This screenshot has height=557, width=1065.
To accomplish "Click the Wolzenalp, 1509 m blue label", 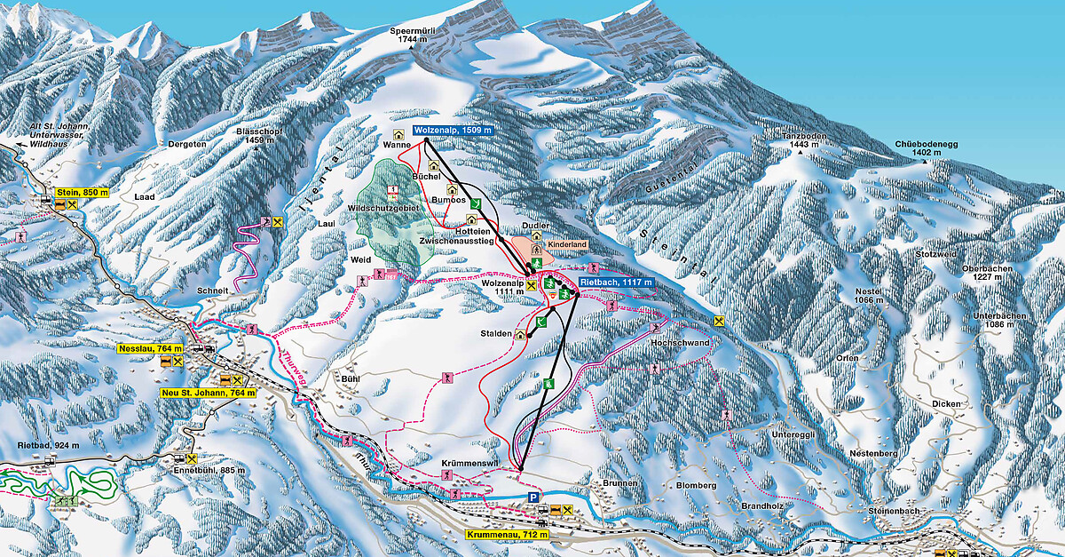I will click(x=452, y=130).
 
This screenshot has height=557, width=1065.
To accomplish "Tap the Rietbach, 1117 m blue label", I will click(x=617, y=282).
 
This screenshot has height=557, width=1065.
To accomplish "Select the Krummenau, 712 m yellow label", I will click(x=508, y=535).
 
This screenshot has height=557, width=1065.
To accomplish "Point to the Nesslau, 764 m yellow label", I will click(x=150, y=349).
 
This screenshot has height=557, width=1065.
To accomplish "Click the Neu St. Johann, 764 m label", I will click(x=196, y=392).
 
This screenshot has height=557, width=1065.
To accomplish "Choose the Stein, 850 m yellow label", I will click(x=82, y=192).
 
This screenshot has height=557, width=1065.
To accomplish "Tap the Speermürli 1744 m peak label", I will click(x=414, y=36).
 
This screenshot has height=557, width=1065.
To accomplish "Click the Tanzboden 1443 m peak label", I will click(x=796, y=139).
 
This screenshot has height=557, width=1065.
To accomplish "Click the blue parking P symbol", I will click(x=533, y=498).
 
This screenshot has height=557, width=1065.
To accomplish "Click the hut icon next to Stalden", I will click(x=519, y=335).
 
